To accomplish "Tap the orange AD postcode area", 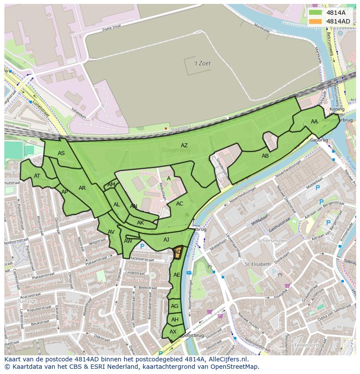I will [177, 253].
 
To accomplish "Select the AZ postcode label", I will [184, 146].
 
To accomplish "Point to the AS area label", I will [61, 153].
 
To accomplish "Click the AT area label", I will [37, 176].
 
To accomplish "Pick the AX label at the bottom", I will [173, 332].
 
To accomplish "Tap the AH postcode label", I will [175, 320].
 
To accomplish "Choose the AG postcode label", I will [175, 306].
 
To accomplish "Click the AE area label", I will [177, 275].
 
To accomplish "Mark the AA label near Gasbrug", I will [314, 122].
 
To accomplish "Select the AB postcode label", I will [265, 156].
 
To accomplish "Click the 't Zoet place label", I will [202, 63].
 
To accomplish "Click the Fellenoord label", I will [307, 345].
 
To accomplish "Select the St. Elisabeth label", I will [257, 264].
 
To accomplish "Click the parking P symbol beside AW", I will [142, 246].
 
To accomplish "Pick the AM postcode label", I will [111, 185].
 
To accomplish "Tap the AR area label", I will [82, 188].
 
